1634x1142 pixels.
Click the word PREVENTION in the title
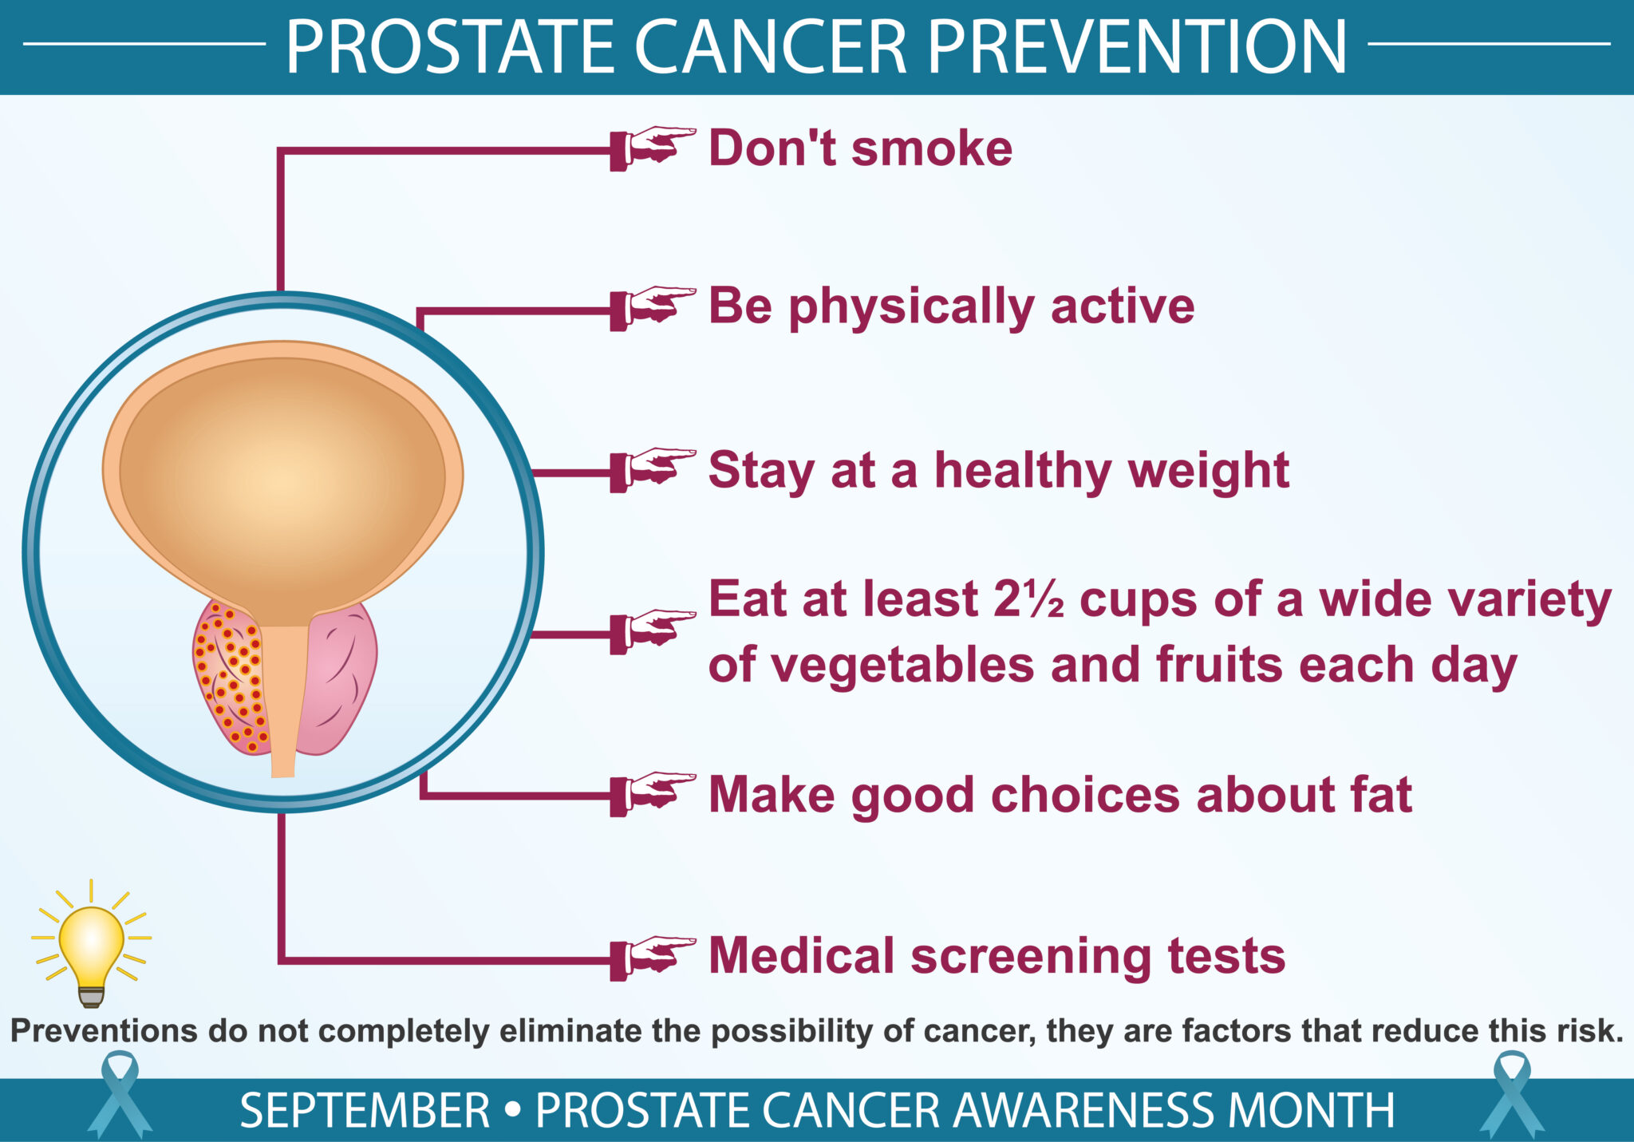[x=1136, y=48]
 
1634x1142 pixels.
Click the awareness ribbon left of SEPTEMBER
[x=119, y=1095]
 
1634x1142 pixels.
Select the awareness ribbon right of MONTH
[x=1511, y=1095]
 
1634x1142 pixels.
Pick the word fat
[x=1380, y=795]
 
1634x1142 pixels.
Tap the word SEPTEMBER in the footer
[x=365, y=1111]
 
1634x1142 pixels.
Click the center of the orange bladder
[x=282, y=479]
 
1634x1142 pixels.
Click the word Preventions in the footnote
[x=104, y=1031]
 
